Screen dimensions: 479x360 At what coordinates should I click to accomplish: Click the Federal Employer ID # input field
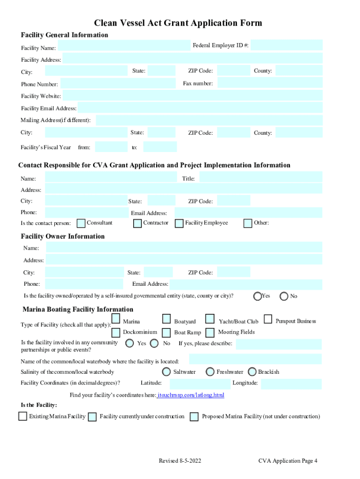pyautogui.click(x=286, y=45)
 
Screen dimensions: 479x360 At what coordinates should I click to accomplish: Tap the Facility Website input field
pyautogui.click(x=192, y=96)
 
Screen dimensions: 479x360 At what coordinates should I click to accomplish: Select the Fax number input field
pyautogui.click(x=270, y=83)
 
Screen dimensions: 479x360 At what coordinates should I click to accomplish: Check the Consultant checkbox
pyautogui.click(x=81, y=223)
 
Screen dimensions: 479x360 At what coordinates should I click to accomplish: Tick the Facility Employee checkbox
pyautogui.click(x=179, y=224)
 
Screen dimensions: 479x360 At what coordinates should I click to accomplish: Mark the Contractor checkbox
pyautogui.click(x=137, y=224)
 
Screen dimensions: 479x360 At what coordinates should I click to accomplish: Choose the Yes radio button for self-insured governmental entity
pyautogui.click(x=257, y=296)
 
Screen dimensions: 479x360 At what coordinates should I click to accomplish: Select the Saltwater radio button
pyautogui.click(x=166, y=372)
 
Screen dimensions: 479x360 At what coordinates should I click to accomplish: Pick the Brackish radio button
pyautogui.click(x=252, y=372)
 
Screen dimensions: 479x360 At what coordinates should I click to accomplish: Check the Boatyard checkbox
pyautogui.click(x=166, y=319)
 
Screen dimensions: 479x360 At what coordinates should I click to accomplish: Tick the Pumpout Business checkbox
pyautogui.click(x=268, y=319)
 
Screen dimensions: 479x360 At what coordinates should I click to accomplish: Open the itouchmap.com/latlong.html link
pyautogui.click(x=191, y=395)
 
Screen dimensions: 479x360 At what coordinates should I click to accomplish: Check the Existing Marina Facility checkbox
pyautogui.click(x=22, y=416)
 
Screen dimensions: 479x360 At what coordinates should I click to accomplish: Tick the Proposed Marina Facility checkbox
pyautogui.click(x=194, y=417)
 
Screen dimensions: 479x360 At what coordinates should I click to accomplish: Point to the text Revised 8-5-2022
pyautogui.click(x=180, y=461)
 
